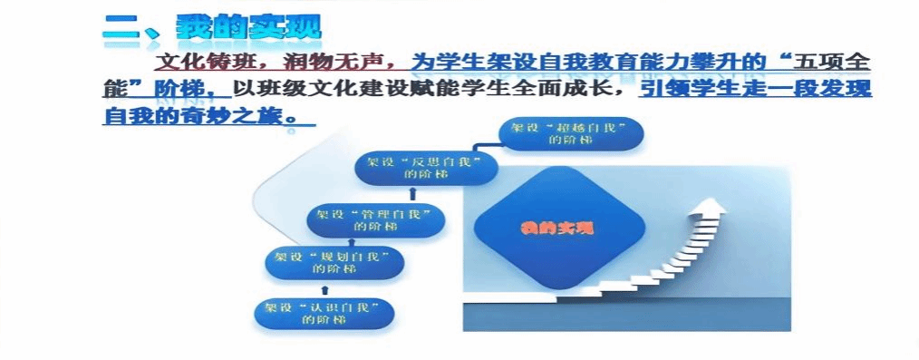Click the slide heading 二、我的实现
click(x=212, y=27)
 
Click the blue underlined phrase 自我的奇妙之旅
click(x=198, y=114)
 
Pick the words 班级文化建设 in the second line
click(x=318, y=89)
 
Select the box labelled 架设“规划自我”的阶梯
click(x=334, y=263)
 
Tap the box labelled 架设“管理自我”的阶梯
click(x=376, y=219)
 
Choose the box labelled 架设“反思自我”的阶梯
click(x=427, y=169)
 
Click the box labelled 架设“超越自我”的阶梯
click(x=571, y=133)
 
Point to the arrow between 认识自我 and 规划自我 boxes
click(x=325, y=289)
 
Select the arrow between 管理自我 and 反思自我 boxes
click(x=413, y=193)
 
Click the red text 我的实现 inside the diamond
click(x=556, y=228)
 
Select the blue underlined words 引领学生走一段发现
click(x=754, y=89)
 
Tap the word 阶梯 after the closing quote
click(x=172, y=89)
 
